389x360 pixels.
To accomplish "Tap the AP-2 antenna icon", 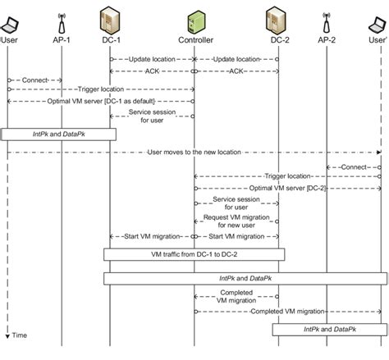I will point(327,20).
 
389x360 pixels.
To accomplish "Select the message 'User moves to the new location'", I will point(194,152).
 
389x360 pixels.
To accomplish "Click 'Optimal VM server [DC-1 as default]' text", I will point(62,101).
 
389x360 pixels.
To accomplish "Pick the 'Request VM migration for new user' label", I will point(236,221).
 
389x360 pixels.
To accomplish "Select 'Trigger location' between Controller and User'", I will point(286,176).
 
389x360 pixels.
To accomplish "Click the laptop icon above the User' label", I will point(378,21).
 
